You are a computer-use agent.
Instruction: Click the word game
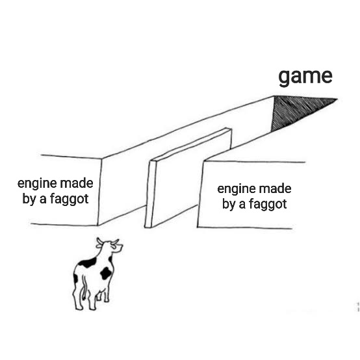305,77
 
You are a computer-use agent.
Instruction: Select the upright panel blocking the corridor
188,178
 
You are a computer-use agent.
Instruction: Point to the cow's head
110,246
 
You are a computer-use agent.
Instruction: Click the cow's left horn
99,242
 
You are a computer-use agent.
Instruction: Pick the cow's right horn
115,242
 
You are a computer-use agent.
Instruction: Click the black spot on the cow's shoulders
88,263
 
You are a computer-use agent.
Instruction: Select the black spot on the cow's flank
105,273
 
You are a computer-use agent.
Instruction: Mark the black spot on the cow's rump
75,279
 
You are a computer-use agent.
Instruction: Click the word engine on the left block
37,184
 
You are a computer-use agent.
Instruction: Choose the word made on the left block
77,183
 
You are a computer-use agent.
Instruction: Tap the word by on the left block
29,199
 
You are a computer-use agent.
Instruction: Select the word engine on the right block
237,189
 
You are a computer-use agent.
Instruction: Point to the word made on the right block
275,188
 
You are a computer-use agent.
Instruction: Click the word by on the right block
229,204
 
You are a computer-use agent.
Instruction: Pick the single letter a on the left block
43,199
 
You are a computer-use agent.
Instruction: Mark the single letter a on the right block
242,205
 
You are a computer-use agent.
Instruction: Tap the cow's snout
120,248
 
